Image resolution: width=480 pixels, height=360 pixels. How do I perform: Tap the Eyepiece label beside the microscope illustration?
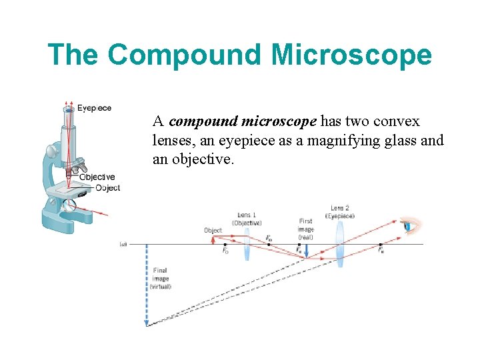point(95,108)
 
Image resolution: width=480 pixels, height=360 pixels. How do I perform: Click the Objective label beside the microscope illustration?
point(97,177)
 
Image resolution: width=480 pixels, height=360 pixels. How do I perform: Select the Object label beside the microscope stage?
point(108,188)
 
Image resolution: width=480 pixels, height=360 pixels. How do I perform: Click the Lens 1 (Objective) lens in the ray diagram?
point(246,244)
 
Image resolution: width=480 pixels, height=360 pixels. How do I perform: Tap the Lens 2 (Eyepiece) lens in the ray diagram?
point(340,243)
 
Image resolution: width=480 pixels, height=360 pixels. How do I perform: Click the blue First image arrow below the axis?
point(306,251)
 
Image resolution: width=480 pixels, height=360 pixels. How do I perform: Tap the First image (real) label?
point(306,229)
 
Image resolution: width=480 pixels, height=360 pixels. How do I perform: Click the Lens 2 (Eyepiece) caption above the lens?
point(340,212)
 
